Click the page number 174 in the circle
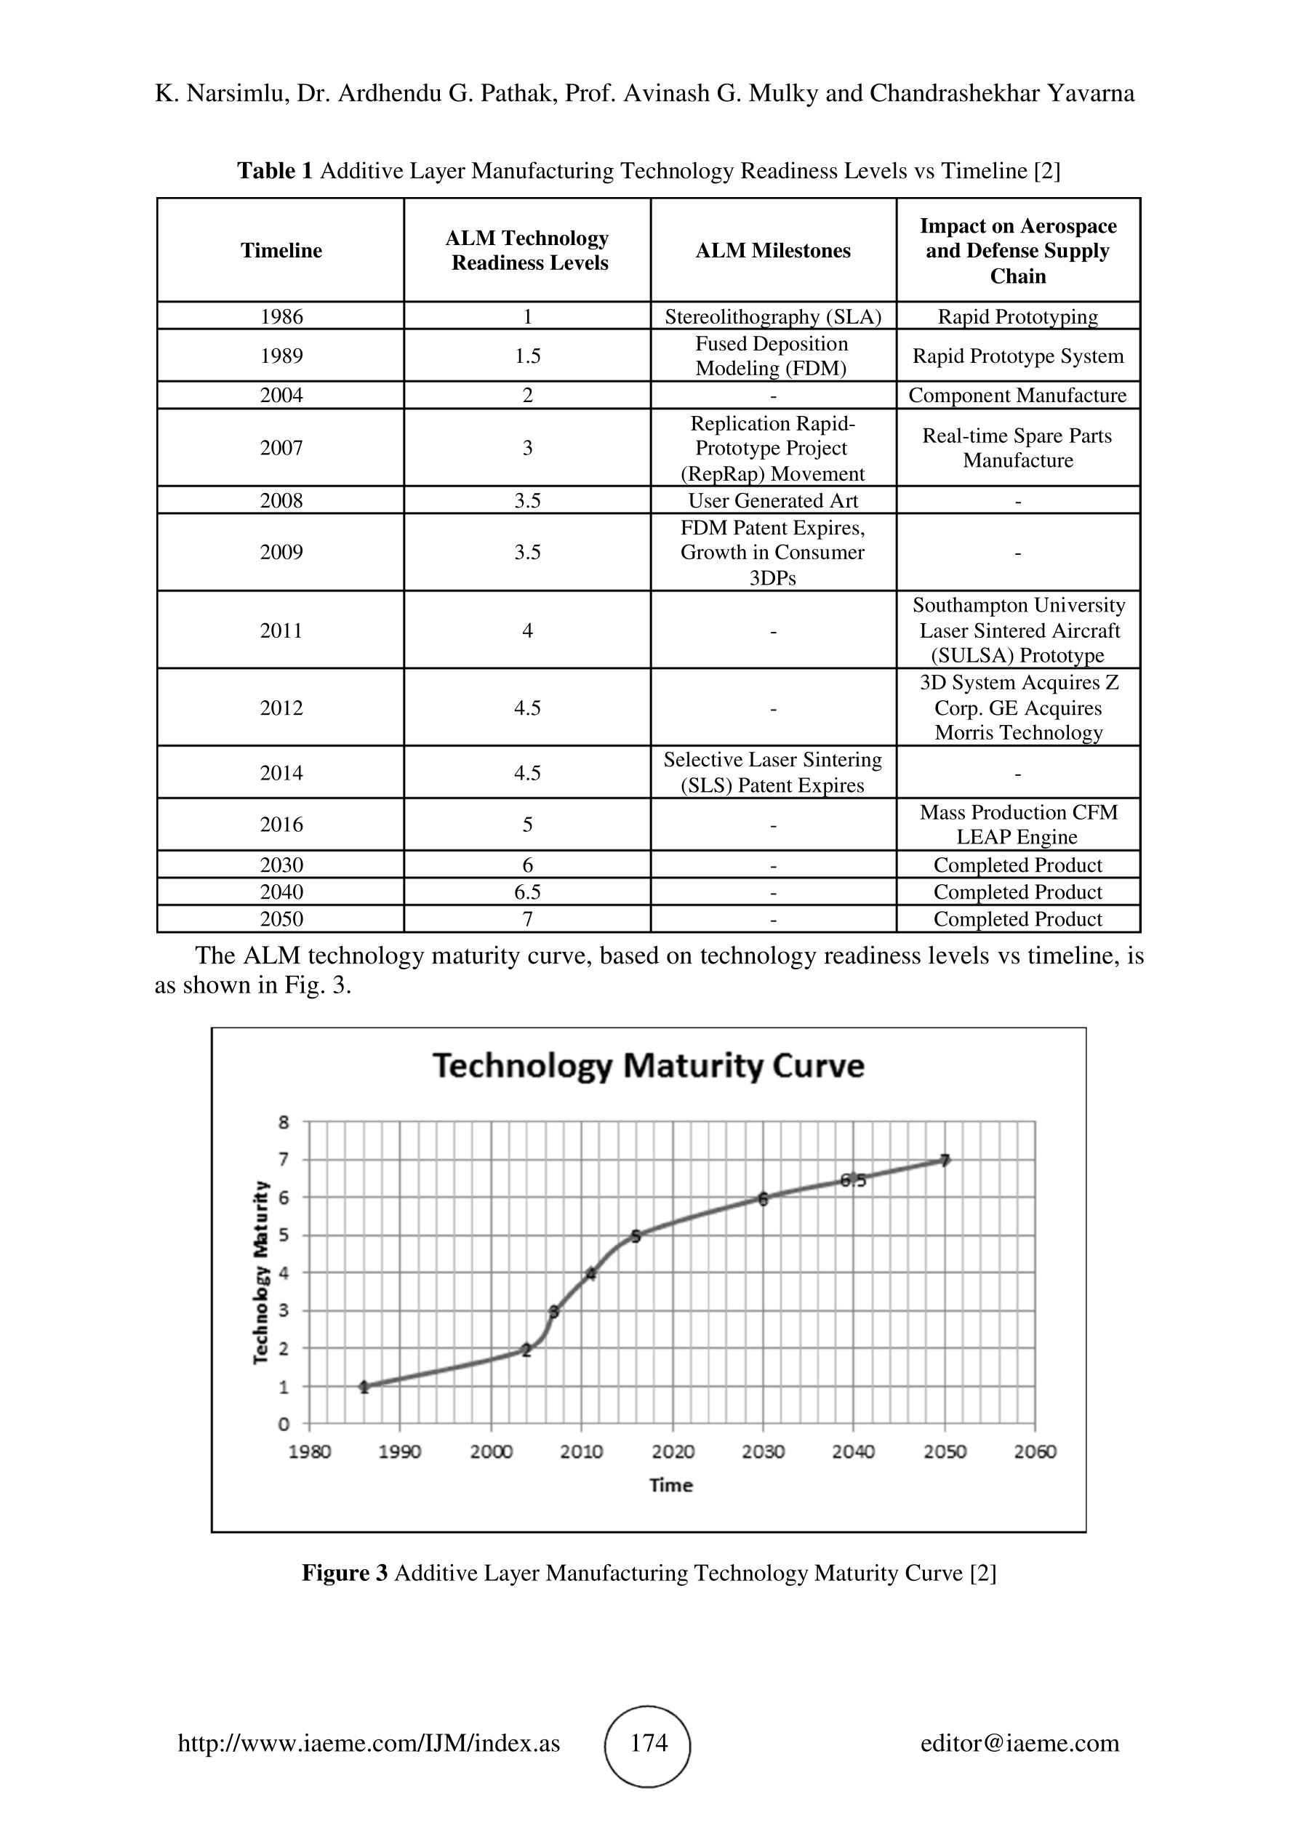(649, 1743)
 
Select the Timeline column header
(281, 251)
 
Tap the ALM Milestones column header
(773, 251)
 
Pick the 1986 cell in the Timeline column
(281, 316)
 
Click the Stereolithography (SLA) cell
(773, 316)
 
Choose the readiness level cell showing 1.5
(528, 356)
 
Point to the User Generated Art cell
(773, 500)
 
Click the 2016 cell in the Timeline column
(281, 824)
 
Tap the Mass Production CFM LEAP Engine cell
(1018, 824)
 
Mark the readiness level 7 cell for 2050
(528, 918)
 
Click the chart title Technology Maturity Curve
(649, 1066)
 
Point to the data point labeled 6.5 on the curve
(854, 1179)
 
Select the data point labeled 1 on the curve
(364, 1387)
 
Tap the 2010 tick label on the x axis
(581, 1451)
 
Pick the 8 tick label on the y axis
(284, 1121)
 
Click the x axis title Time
(671, 1485)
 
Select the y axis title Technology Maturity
(261, 1272)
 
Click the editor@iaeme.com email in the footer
(1019, 1743)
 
